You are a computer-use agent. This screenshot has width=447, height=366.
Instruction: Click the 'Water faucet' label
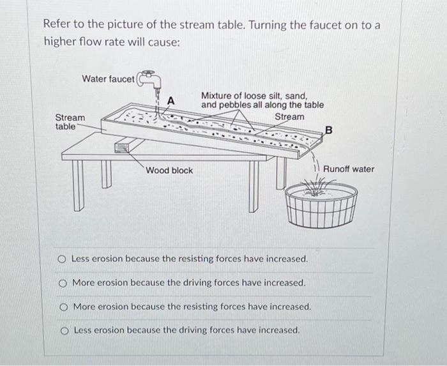pos(108,79)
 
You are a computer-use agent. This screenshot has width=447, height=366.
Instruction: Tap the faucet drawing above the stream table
pos(151,79)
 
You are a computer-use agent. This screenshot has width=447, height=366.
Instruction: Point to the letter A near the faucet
pos(170,100)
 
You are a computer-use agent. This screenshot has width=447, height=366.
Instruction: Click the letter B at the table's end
pos(329,130)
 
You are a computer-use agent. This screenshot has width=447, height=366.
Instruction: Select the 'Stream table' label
pos(70,121)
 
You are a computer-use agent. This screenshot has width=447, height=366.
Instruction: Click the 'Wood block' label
pos(169,171)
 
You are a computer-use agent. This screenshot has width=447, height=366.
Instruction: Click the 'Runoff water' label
pos(349,169)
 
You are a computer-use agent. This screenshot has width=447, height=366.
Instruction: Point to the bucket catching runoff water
pos(320,205)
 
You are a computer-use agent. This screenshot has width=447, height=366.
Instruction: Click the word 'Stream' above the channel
pos(289,117)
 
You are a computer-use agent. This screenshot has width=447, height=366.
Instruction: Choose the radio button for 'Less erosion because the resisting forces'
pos(63,259)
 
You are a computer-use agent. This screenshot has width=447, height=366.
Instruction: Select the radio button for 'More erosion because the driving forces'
pos(63,282)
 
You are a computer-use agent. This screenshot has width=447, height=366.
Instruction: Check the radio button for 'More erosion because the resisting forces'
pos(63,307)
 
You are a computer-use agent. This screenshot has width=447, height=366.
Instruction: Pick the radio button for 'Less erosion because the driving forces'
pos(63,330)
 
